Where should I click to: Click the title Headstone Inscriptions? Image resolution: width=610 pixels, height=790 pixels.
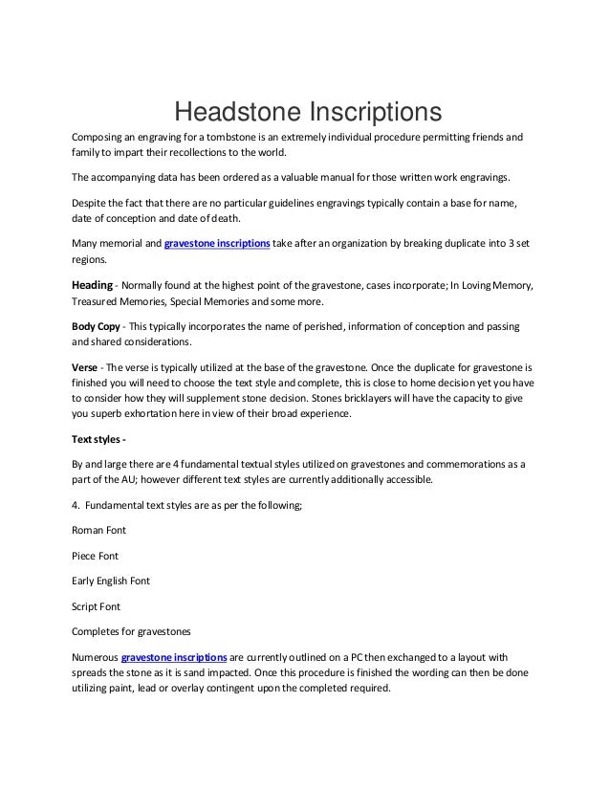(x=305, y=114)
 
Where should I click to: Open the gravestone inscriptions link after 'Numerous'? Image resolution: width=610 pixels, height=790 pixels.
(x=175, y=659)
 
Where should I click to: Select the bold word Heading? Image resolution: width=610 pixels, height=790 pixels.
(x=93, y=285)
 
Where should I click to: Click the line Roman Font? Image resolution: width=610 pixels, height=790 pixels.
(x=98, y=529)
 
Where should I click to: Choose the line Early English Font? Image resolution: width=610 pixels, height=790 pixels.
(x=111, y=581)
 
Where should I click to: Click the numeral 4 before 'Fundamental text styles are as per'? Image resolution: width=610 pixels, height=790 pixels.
(x=76, y=503)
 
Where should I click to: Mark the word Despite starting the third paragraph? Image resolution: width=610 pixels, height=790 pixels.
(x=92, y=203)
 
